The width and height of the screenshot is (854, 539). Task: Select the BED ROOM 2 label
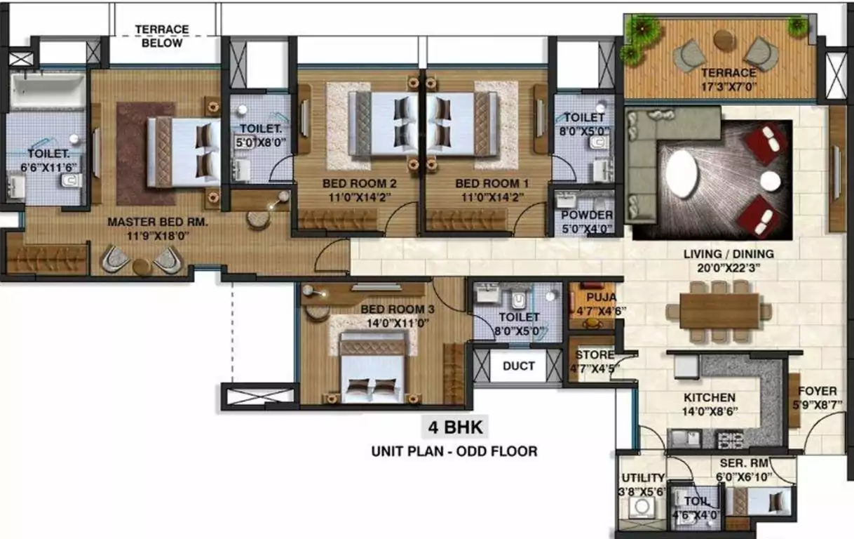[359, 184]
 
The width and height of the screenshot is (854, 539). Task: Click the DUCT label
[518, 366]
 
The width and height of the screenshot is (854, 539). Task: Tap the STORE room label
[595, 355]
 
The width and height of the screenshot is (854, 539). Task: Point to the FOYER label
[818, 391]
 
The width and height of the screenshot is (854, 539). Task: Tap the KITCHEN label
[710, 397]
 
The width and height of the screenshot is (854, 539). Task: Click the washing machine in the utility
[641, 507]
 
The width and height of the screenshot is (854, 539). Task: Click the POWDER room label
[587, 215]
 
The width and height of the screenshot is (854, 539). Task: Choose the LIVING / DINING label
[728, 254]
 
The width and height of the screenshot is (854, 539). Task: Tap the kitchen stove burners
[729, 440]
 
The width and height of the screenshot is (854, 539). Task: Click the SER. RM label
[745, 464]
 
